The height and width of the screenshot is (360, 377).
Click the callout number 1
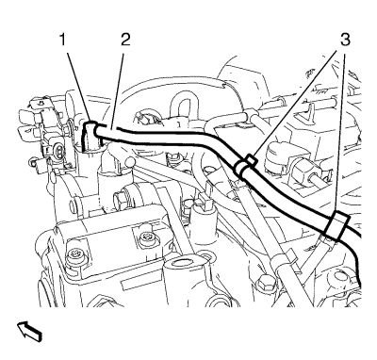tap(63, 40)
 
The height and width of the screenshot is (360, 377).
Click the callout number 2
tap(125, 40)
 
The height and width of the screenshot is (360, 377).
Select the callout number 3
tap(345, 40)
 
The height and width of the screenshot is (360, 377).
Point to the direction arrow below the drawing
tap(29, 331)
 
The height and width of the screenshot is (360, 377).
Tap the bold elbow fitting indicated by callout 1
tap(91, 135)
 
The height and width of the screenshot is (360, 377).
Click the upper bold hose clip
tap(245, 165)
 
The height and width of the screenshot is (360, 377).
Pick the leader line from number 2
tap(118, 89)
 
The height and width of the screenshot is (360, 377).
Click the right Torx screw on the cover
tap(143, 237)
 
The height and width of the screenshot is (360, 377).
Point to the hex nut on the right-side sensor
tap(302, 172)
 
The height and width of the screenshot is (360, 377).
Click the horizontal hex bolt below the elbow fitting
tap(120, 201)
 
